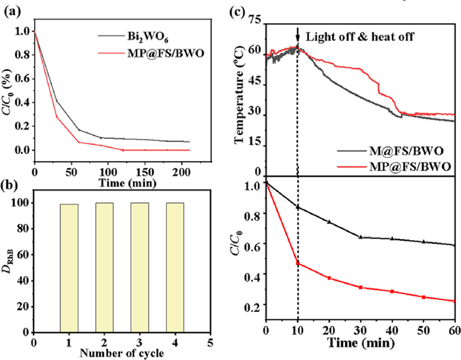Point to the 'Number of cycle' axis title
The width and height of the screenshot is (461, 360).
coord(122,353)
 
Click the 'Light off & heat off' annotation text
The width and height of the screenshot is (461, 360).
coord(360,37)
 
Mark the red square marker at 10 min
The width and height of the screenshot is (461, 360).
coord(298,263)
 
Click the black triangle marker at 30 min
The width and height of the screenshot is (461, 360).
coord(360,237)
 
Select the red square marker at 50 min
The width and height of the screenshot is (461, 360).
coord(423,297)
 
